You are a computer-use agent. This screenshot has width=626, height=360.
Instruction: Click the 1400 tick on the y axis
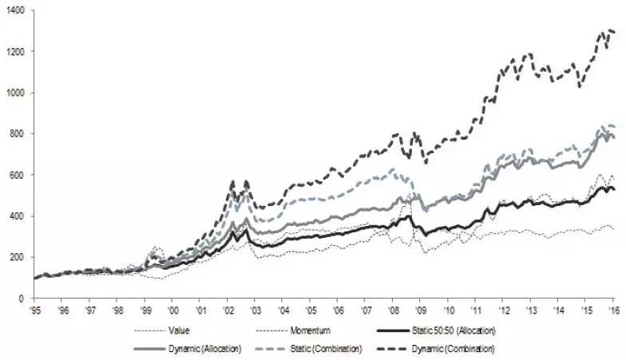[15, 10]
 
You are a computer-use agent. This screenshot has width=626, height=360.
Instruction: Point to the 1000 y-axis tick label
[15, 93]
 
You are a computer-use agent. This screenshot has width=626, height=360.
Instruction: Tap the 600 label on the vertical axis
[18, 175]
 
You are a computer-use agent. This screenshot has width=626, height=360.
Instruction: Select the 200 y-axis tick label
[18, 257]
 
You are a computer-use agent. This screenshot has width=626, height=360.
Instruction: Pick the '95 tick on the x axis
[35, 309]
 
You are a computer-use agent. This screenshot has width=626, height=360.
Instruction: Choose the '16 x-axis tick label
[612, 309]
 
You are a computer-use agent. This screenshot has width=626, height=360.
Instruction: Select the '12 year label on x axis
[503, 309]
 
